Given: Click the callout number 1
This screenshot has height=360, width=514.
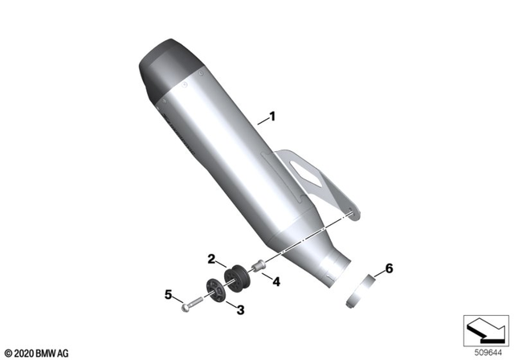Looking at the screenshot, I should [x=271, y=117].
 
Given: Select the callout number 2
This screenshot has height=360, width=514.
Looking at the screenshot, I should [x=211, y=259].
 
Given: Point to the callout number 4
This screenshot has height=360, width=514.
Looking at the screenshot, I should [x=275, y=281].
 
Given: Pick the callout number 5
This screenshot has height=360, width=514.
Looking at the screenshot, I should [x=170, y=295].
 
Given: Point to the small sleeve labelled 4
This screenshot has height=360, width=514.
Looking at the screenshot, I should [x=259, y=266].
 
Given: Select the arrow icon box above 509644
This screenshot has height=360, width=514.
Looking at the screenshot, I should [x=485, y=328].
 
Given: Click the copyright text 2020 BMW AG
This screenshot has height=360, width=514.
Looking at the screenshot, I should [x=37, y=351].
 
